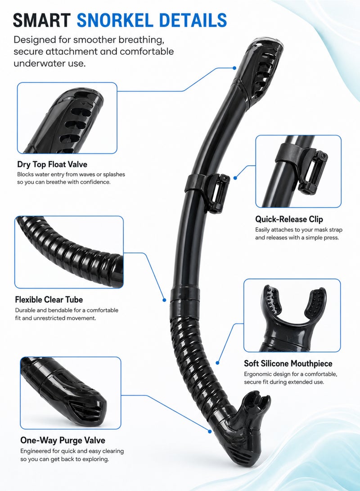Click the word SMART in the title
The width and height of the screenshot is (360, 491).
pos(42,20)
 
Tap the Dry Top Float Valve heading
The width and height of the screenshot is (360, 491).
pos(52,164)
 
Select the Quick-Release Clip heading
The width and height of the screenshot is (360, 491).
pos(289,219)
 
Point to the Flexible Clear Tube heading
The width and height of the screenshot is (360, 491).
pos(49,300)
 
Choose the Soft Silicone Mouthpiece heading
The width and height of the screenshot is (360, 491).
pos(288,364)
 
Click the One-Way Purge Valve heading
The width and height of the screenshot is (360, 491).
pos(63,440)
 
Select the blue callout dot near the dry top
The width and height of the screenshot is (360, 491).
pos(234,68)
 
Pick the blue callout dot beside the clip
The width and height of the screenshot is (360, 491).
pos(235,178)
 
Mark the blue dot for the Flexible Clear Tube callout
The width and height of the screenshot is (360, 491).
pos(164,300)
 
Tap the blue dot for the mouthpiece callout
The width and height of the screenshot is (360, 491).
pos(217,363)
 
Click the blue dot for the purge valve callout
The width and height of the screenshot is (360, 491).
pos(209,431)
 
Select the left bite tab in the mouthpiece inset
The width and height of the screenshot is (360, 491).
pos(272,302)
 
